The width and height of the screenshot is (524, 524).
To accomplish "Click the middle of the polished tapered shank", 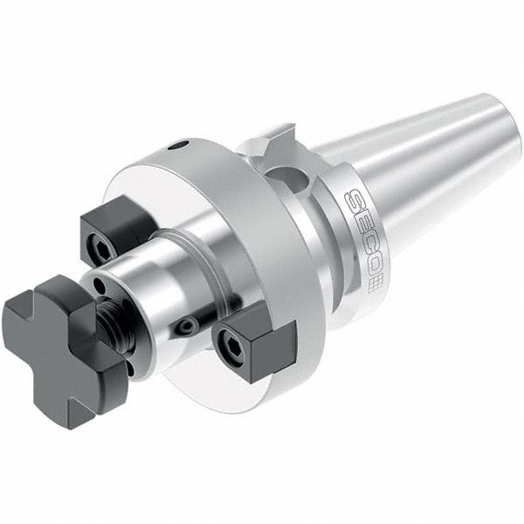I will point(419,175).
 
